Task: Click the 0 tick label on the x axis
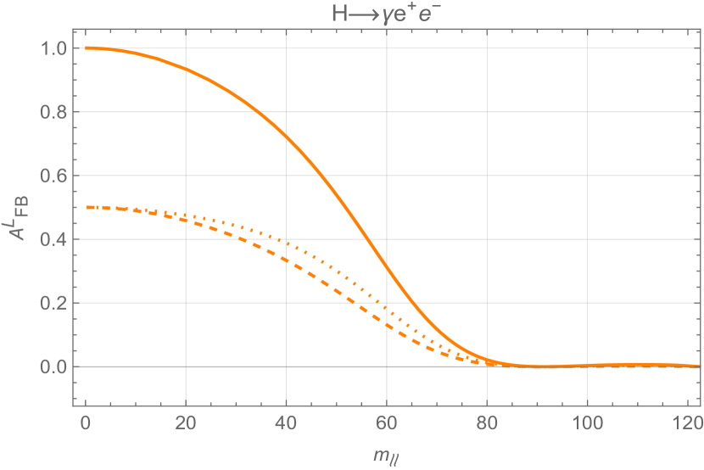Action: point(85,422)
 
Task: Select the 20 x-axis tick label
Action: point(186,422)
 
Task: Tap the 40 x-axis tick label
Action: point(286,422)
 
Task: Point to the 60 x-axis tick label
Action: point(387,422)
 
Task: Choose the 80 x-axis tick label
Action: point(487,422)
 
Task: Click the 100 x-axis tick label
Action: point(588,422)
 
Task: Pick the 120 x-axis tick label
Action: point(688,422)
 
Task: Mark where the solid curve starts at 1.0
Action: point(86,48)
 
